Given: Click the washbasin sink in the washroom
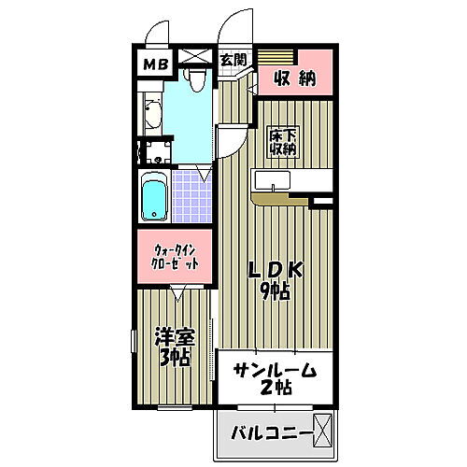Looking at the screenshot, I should coord(152,117).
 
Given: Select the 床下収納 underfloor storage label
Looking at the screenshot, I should coord(283,140).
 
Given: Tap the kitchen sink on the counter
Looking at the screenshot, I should coord(272,179).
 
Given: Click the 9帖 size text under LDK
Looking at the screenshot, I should coord(275,290).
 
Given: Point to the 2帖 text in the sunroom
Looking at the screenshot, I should coord(275,390).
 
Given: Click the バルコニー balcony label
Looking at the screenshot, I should coord(268,432).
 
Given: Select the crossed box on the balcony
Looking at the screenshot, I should coord(322,430).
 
